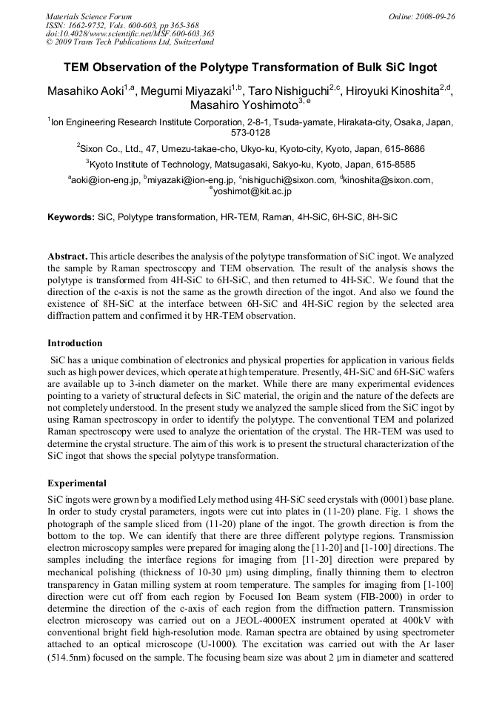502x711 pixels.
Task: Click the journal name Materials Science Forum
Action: (x=89, y=16)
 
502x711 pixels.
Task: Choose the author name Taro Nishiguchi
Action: (x=289, y=91)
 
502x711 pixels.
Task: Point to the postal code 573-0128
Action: (x=250, y=133)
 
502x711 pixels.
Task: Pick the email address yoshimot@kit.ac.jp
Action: (x=252, y=191)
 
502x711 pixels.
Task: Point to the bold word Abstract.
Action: (x=68, y=255)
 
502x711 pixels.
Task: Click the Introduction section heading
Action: (x=75, y=343)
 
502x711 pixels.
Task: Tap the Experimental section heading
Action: (x=77, y=483)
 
